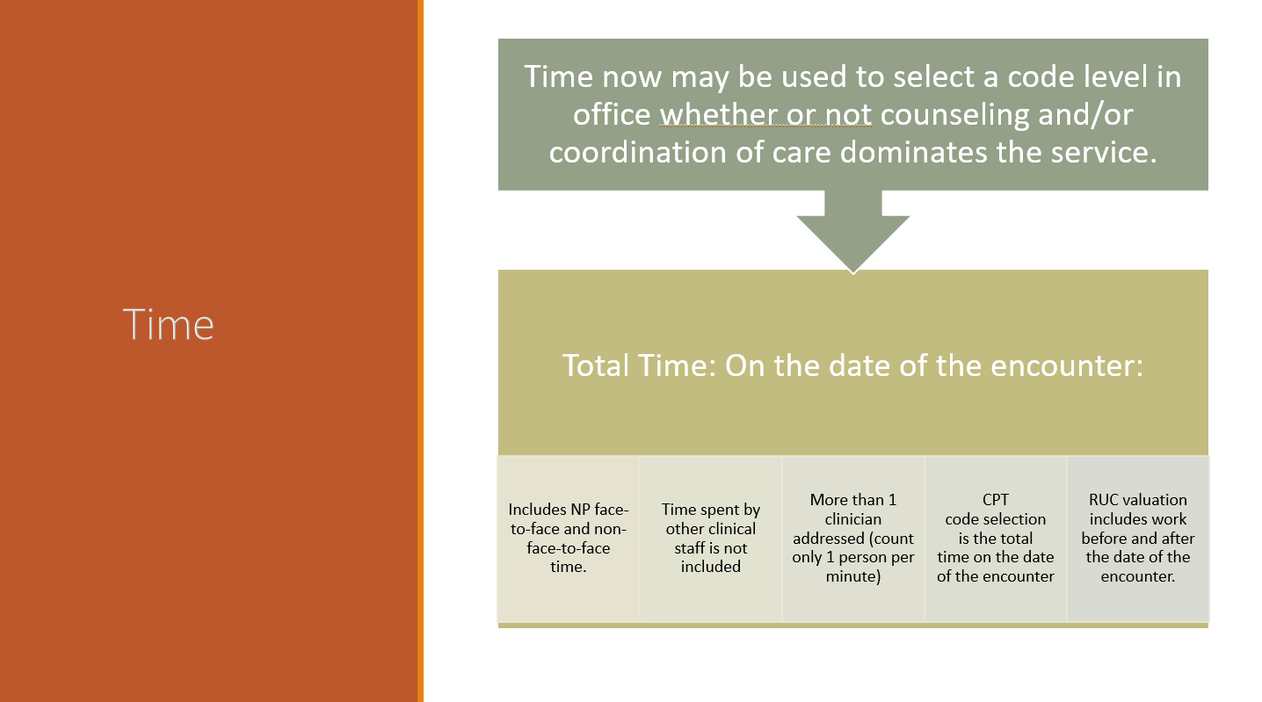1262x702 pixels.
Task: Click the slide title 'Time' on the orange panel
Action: coord(169,324)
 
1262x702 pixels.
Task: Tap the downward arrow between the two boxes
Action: coord(853,232)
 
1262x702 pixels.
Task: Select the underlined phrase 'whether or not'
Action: coord(765,114)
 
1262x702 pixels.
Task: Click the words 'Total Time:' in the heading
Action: coord(640,365)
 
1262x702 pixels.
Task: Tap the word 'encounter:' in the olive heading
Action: coord(1067,365)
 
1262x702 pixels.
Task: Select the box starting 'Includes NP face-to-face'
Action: coord(569,539)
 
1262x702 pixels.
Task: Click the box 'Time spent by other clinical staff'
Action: coord(711,539)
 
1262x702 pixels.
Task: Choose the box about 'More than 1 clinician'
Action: coord(853,539)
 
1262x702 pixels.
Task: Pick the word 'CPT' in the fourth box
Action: coord(996,500)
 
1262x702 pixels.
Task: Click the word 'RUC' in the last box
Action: coord(1103,500)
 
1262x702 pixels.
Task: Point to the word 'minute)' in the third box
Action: coord(853,576)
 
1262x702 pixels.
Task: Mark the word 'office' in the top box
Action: coord(612,114)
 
